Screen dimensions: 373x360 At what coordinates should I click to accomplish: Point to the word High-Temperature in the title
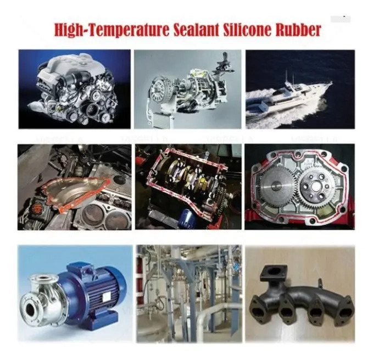112,30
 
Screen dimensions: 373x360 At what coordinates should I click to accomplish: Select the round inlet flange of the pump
31,309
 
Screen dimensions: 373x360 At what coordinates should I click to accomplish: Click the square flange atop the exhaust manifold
274,274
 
